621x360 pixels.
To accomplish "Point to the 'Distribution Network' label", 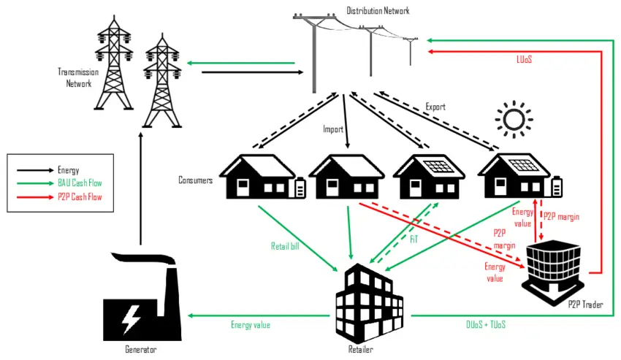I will (x=378, y=10).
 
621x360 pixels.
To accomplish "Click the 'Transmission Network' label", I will (x=75, y=77).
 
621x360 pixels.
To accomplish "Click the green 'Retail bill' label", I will (x=285, y=246).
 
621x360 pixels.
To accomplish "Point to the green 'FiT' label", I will (x=414, y=238).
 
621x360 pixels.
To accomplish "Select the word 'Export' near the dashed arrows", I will (x=435, y=107).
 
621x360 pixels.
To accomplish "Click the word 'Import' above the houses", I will (x=333, y=129).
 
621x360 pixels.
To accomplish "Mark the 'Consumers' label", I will (x=195, y=180).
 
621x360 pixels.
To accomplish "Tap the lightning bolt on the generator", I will (x=132, y=318).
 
